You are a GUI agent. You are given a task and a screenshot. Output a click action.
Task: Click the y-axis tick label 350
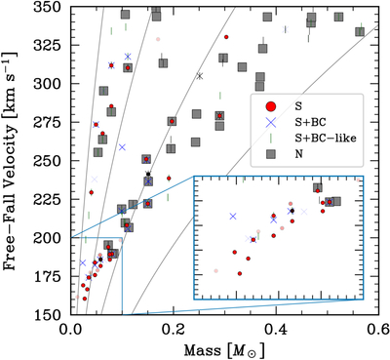[x=49, y=7]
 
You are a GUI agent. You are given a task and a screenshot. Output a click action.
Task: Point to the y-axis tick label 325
[x=49, y=45]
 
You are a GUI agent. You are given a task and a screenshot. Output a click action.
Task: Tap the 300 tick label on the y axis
[x=49, y=84]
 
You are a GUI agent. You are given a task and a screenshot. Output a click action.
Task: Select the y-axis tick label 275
[x=49, y=122]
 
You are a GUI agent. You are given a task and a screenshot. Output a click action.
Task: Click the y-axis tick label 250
[x=49, y=161]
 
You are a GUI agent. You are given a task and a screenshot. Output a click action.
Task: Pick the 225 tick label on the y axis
[x=49, y=199]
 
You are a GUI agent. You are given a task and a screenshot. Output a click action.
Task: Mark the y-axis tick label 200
[x=49, y=238]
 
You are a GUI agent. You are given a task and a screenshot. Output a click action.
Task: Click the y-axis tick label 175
[x=49, y=276]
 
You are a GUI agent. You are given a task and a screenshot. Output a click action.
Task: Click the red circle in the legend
[x=271, y=106]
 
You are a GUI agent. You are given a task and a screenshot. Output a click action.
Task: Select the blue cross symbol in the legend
[x=271, y=122]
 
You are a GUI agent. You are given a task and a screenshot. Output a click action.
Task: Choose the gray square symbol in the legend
[x=271, y=154]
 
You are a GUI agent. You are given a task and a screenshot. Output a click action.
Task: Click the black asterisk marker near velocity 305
[x=200, y=76]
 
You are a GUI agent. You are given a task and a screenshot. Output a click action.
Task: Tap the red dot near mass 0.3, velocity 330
[x=226, y=37]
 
